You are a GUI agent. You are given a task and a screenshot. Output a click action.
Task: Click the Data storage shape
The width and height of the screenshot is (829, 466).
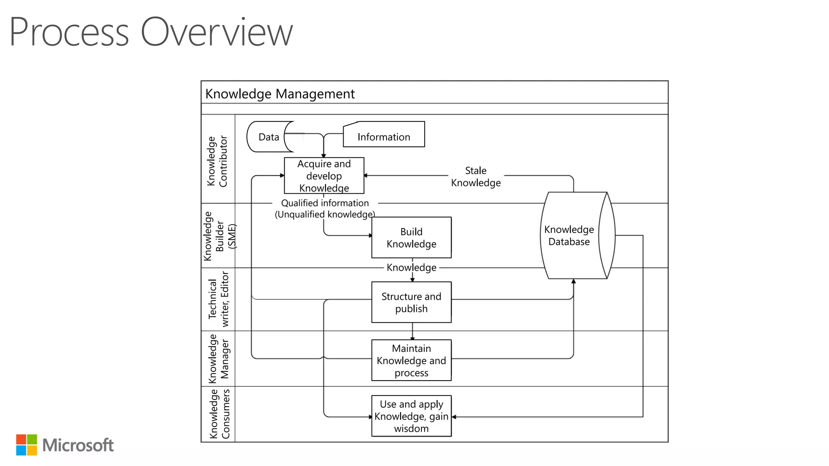pyautogui.click(x=268, y=137)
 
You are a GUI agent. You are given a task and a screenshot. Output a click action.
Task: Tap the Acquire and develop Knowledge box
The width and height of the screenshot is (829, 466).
pyautogui.click(x=324, y=176)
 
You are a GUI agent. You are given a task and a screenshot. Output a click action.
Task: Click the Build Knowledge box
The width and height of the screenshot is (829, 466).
pyautogui.click(x=411, y=237)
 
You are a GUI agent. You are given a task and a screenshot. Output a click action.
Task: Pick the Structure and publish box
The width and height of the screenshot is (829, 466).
pyautogui.click(x=411, y=302)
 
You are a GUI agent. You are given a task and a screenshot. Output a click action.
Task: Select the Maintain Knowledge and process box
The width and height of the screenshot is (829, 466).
pyautogui.click(x=411, y=360)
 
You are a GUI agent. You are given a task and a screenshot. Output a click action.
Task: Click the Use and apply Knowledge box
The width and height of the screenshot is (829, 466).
pyautogui.click(x=411, y=416)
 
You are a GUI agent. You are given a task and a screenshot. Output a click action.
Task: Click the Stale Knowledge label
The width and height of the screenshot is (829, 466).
pyautogui.click(x=476, y=176)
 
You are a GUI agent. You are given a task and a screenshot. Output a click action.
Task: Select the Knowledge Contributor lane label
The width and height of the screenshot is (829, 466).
pyautogui.click(x=217, y=161)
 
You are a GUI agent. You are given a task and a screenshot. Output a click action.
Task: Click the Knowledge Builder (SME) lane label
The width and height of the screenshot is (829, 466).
pyautogui.click(x=219, y=236)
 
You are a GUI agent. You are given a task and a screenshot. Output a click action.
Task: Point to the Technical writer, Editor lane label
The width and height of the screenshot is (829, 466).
pyautogui.click(x=219, y=299)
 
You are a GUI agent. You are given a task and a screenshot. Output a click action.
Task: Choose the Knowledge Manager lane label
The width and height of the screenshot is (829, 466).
pyautogui.click(x=219, y=359)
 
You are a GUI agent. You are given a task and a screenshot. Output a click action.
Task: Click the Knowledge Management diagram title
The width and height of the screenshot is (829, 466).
pyautogui.click(x=280, y=94)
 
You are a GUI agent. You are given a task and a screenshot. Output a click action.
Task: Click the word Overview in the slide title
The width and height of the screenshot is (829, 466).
pyautogui.click(x=216, y=32)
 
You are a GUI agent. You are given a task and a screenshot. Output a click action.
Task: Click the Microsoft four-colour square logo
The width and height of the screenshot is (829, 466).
pyautogui.click(x=27, y=445)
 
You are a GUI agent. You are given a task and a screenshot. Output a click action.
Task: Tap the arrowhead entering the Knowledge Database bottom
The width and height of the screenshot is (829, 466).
pyautogui.click(x=574, y=282)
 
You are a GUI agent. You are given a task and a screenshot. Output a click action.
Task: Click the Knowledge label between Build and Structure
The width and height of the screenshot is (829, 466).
pyautogui.click(x=411, y=267)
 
